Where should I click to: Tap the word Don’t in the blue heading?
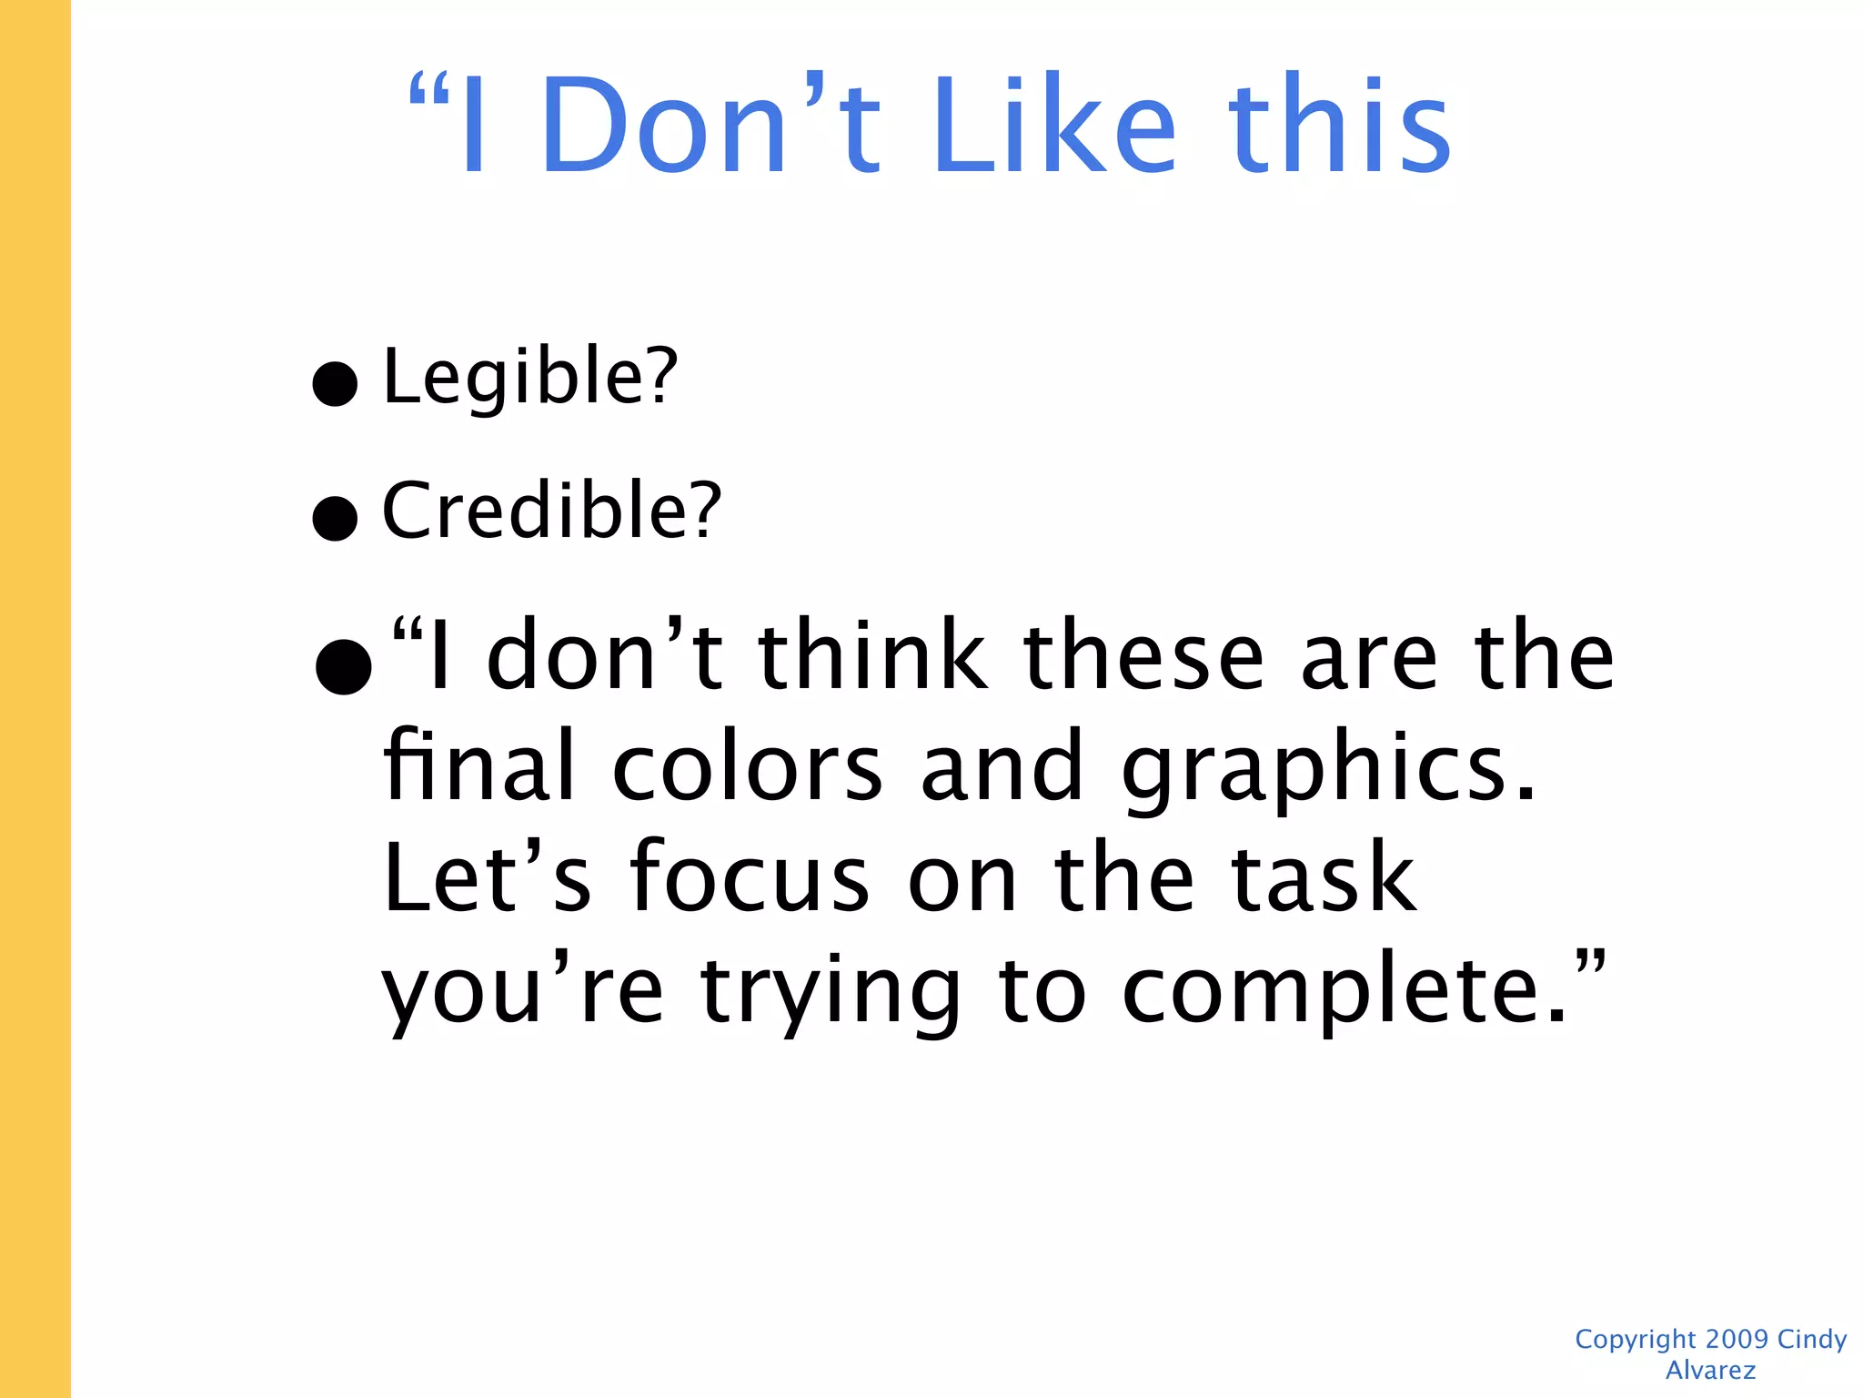(x=710, y=126)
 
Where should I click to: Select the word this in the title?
(x=1339, y=126)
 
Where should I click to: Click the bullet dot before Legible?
(x=335, y=383)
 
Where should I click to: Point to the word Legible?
(x=530, y=377)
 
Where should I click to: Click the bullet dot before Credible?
(x=335, y=518)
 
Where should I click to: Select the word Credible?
(x=551, y=511)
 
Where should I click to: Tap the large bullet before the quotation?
(x=343, y=665)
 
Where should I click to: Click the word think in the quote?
(x=872, y=655)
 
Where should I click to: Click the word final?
(x=479, y=766)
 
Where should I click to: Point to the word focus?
(x=750, y=877)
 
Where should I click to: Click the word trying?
(x=831, y=992)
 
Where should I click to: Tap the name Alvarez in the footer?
(x=1710, y=1370)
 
